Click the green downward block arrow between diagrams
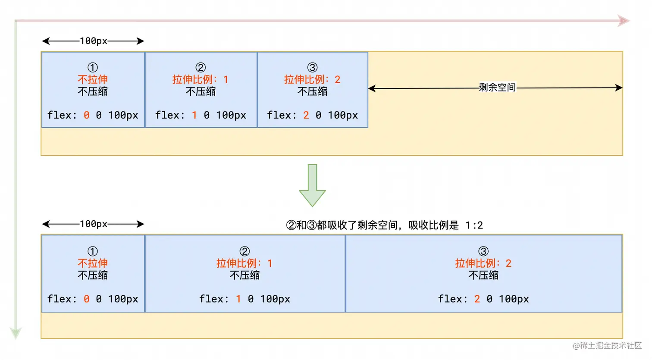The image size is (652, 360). point(312,185)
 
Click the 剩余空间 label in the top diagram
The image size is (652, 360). point(497,88)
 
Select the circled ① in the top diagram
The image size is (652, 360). point(93,68)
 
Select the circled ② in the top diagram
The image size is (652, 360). point(201,68)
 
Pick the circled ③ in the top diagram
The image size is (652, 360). point(312,68)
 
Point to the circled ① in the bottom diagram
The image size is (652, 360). point(93,251)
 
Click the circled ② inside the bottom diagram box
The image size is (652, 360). point(244,251)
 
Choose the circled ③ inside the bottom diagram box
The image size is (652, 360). point(483,251)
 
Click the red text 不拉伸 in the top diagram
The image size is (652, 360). point(93,79)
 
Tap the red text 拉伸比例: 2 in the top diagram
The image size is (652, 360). point(312,79)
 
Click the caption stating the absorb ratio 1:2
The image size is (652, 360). point(384,225)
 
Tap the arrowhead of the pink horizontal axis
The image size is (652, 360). point(624,21)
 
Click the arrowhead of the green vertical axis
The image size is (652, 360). point(16,333)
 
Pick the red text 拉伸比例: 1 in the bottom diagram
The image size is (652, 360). point(244,263)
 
